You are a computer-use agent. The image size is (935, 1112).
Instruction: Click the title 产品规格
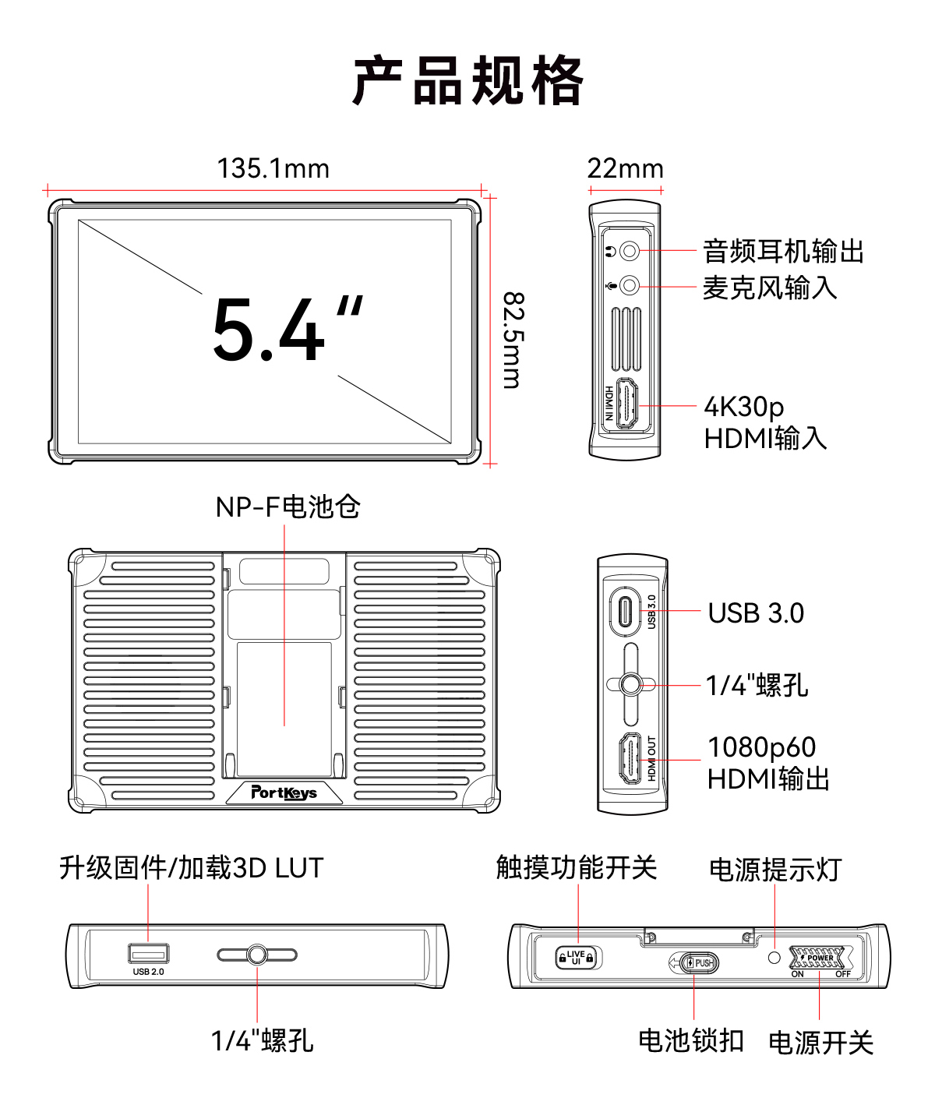[467, 80]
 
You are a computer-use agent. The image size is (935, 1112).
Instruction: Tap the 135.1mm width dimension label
[273, 168]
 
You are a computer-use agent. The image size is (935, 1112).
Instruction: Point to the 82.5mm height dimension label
[513, 340]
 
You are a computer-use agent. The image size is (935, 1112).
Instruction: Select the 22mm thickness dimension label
[625, 168]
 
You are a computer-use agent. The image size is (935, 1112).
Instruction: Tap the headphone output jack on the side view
[630, 251]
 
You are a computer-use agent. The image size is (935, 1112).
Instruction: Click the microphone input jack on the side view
[630, 286]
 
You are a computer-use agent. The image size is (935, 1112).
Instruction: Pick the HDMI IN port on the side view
[628, 404]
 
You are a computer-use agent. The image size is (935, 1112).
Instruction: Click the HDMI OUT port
[630, 759]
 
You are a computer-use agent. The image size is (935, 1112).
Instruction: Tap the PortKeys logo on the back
[284, 793]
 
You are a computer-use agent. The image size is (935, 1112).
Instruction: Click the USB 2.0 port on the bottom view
[148, 953]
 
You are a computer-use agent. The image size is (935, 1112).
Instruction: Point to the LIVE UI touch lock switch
[576, 957]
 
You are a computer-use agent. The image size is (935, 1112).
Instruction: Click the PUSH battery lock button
[698, 963]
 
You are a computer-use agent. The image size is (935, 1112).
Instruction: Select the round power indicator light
[774, 957]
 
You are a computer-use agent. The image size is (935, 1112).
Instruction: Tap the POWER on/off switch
[818, 958]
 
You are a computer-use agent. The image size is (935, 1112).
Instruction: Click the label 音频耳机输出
[783, 252]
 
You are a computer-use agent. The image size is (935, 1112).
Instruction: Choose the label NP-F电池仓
[288, 507]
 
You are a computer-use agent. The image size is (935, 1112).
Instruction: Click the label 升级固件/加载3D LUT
[191, 867]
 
